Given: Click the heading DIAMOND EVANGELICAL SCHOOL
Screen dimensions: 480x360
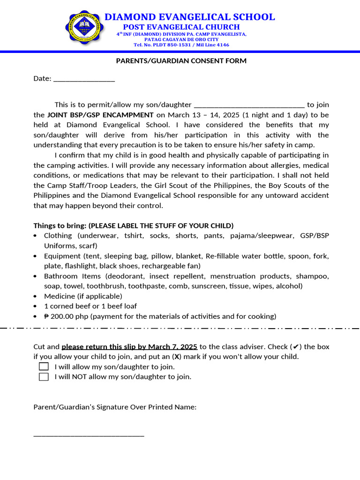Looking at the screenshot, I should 189,17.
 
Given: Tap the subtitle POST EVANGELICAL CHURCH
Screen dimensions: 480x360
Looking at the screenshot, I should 181,27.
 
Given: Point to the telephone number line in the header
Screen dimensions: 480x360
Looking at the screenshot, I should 181,45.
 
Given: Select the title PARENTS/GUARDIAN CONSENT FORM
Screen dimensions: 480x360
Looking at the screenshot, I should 181,61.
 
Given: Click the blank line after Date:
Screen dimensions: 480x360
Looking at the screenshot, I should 84,79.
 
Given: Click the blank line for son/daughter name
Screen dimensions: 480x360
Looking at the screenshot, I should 249,105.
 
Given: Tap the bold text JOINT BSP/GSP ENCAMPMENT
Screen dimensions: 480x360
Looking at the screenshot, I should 100,115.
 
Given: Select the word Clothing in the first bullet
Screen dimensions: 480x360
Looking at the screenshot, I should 58,236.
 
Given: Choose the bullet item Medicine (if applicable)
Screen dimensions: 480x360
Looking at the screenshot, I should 83,296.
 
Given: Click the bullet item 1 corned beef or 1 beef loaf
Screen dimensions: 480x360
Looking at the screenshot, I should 90,306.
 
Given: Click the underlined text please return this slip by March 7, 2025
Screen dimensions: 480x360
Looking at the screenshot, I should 129,347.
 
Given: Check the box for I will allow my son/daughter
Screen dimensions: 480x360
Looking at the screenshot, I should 44,367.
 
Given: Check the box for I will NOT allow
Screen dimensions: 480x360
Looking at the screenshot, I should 44,376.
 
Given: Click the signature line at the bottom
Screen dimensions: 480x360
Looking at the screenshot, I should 89,435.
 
